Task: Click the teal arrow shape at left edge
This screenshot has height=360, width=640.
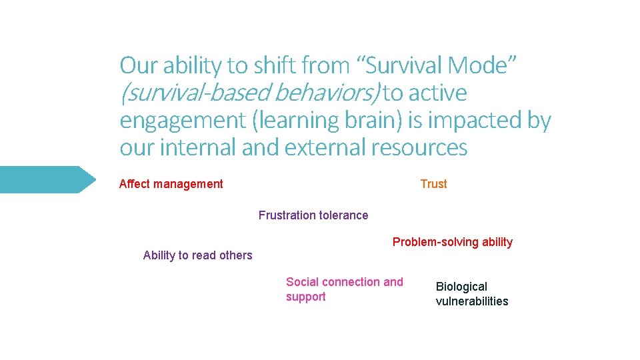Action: pos(47,179)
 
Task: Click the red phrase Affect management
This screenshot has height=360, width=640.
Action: pos(171,184)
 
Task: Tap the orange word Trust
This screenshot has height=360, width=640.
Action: pos(433,184)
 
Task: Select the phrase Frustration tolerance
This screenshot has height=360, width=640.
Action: pos(313,215)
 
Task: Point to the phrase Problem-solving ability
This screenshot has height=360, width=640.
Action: pos(452,242)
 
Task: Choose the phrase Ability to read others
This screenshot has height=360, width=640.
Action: pos(197,255)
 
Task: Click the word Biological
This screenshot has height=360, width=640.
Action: pos(461,287)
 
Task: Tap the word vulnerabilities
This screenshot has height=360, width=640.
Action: pos(472,301)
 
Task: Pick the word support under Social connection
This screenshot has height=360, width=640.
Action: pos(305,297)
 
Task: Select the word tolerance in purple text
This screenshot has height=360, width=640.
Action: pos(343,215)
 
